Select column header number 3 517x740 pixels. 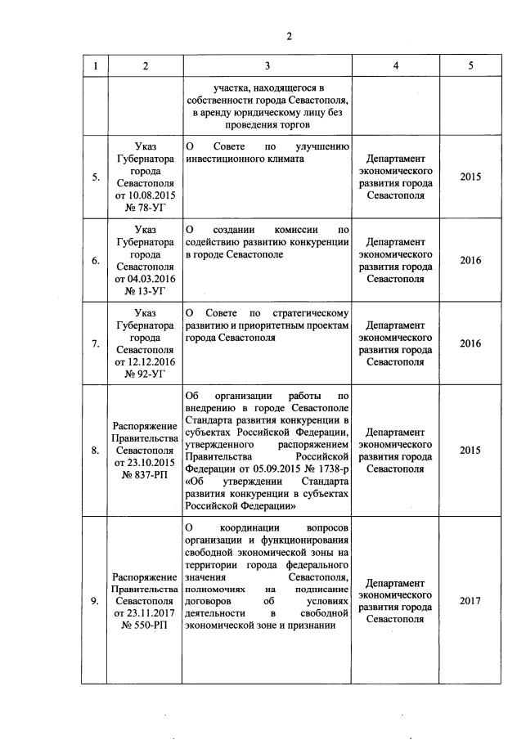point(267,66)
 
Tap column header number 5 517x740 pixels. point(470,66)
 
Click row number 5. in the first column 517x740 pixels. point(96,177)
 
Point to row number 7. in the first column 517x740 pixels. point(96,344)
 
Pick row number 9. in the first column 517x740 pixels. point(96,601)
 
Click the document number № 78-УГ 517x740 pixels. point(144,208)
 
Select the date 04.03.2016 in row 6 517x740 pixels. point(144,279)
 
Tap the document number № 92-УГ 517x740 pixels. point(144,374)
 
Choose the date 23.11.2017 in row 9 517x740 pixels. point(144,613)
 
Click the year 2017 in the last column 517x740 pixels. point(470,601)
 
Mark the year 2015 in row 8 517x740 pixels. point(470,451)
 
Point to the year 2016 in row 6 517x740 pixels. point(470,260)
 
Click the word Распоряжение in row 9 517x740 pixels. point(144,577)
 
